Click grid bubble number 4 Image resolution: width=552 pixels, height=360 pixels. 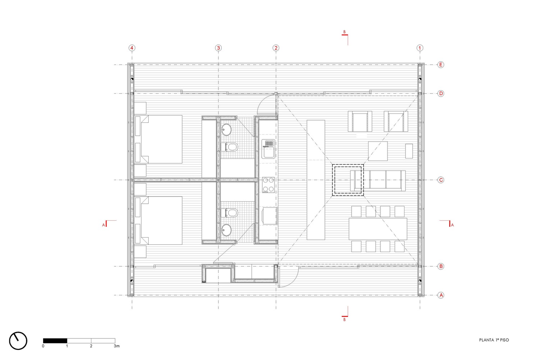(132, 48)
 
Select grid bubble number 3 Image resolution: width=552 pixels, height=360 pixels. (218, 48)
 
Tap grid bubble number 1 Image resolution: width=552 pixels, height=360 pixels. (420, 48)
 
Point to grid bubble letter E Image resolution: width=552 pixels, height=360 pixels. (441, 65)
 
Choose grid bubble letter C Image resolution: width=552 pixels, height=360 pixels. (441, 180)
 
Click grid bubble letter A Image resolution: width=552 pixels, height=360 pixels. (441, 295)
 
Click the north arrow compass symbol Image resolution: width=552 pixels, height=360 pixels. (18, 340)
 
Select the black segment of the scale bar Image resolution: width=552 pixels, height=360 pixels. (55, 341)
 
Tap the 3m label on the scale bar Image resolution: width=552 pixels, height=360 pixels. (117, 346)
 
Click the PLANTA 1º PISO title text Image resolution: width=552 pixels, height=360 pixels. (494, 340)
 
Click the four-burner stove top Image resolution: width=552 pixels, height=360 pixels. (268, 185)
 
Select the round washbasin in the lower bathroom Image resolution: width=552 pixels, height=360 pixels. (227, 229)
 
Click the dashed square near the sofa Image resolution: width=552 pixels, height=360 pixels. (348, 180)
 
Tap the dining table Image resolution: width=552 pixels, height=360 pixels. (378, 229)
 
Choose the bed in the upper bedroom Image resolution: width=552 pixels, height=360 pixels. (158, 139)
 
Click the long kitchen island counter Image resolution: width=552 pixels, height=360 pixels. (316, 180)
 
